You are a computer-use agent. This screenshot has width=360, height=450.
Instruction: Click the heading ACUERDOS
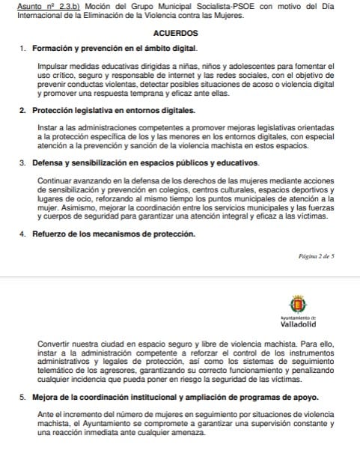pyautogui.click(x=175, y=34)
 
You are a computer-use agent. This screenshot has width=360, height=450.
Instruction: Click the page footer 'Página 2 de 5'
pyautogui.click(x=316, y=256)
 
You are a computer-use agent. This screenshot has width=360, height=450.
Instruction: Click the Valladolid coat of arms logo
pyautogui.click(x=297, y=304)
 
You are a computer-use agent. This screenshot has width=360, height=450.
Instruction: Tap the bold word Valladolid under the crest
pyautogui.click(x=297, y=325)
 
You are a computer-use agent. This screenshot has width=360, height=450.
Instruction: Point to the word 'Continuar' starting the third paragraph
pyautogui.click(x=55, y=180)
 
